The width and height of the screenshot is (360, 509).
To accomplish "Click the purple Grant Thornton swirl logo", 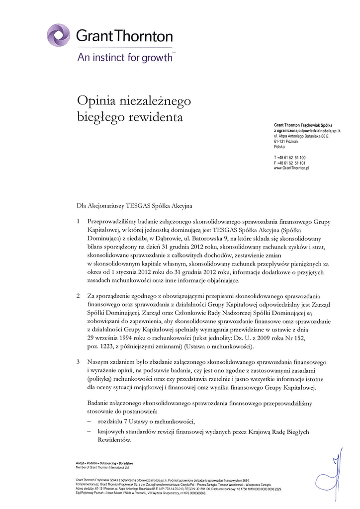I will (58, 35).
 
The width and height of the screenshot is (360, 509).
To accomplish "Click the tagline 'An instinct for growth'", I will (125, 57).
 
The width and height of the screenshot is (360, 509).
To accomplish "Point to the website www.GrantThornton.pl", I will (291, 169).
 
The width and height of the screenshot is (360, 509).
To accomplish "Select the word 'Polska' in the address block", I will (279, 147).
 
